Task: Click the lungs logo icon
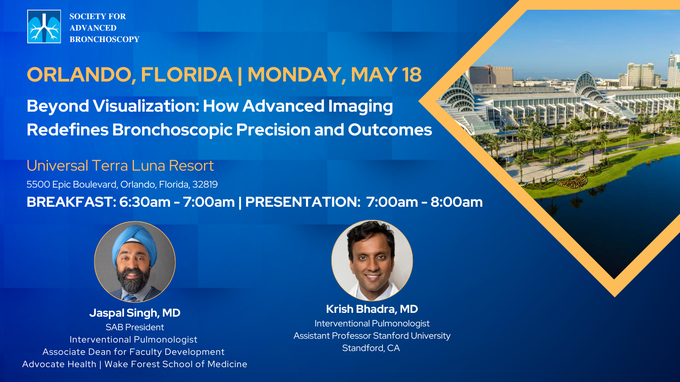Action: click(44, 26)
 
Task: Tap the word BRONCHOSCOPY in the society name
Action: click(105, 39)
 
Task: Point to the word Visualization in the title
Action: click(146, 106)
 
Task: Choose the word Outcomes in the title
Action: click(390, 130)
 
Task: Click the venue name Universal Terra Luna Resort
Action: click(120, 166)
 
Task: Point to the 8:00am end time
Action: click(456, 202)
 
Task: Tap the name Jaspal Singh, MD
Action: click(135, 313)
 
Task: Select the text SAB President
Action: click(135, 327)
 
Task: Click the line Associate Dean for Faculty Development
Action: click(133, 352)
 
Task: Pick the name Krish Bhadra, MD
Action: click(372, 309)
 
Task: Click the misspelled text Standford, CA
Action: click(371, 348)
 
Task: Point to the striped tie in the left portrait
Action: click(130, 298)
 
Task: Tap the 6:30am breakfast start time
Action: click(145, 202)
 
